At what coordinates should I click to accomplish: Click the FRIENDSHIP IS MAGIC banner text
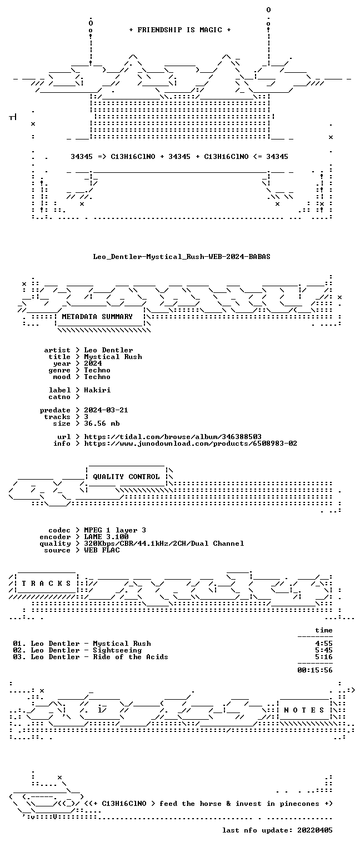tap(179, 30)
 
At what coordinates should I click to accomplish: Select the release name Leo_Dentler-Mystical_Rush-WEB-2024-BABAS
tap(182, 257)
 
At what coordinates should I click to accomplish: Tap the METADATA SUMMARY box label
tap(97, 316)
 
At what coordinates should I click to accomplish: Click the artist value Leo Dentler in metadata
tap(108, 350)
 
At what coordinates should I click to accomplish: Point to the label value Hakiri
tap(97, 390)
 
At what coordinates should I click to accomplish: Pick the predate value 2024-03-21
tap(106, 410)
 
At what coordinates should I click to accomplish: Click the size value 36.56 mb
tap(102, 423)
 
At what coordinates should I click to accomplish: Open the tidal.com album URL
tap(173, 437)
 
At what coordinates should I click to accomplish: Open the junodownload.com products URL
tap(191, 443)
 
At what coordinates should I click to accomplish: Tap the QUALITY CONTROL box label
tap(126, 477)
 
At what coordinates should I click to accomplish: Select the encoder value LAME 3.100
tap(106, 536)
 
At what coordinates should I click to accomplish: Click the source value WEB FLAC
tap(102, 550)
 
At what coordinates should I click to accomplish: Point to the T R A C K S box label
tap(46, 584)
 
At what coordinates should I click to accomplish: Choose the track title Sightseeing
tap(117, 650)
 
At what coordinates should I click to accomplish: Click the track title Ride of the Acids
tap(131, 657)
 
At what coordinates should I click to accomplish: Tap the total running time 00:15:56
tap(315, 670)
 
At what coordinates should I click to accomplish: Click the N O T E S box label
tap(304, 710)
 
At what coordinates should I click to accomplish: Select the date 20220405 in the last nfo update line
tap(315, 830)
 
